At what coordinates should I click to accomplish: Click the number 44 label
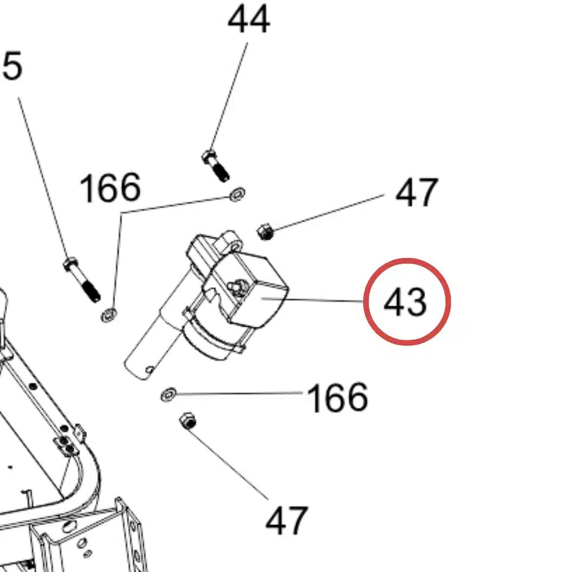click(248, 21)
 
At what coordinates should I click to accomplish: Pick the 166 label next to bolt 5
click(110, 188)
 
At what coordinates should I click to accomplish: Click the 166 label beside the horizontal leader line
click(337, 398)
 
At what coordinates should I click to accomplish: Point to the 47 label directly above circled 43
click(416, 193)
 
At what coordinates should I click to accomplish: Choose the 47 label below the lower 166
click(287, 521)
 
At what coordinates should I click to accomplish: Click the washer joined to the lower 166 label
click(168, 394)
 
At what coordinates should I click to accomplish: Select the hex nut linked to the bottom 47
click(188, 422)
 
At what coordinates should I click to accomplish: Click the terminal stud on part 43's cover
click(236, 284)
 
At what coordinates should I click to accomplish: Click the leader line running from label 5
click(43, 177)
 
